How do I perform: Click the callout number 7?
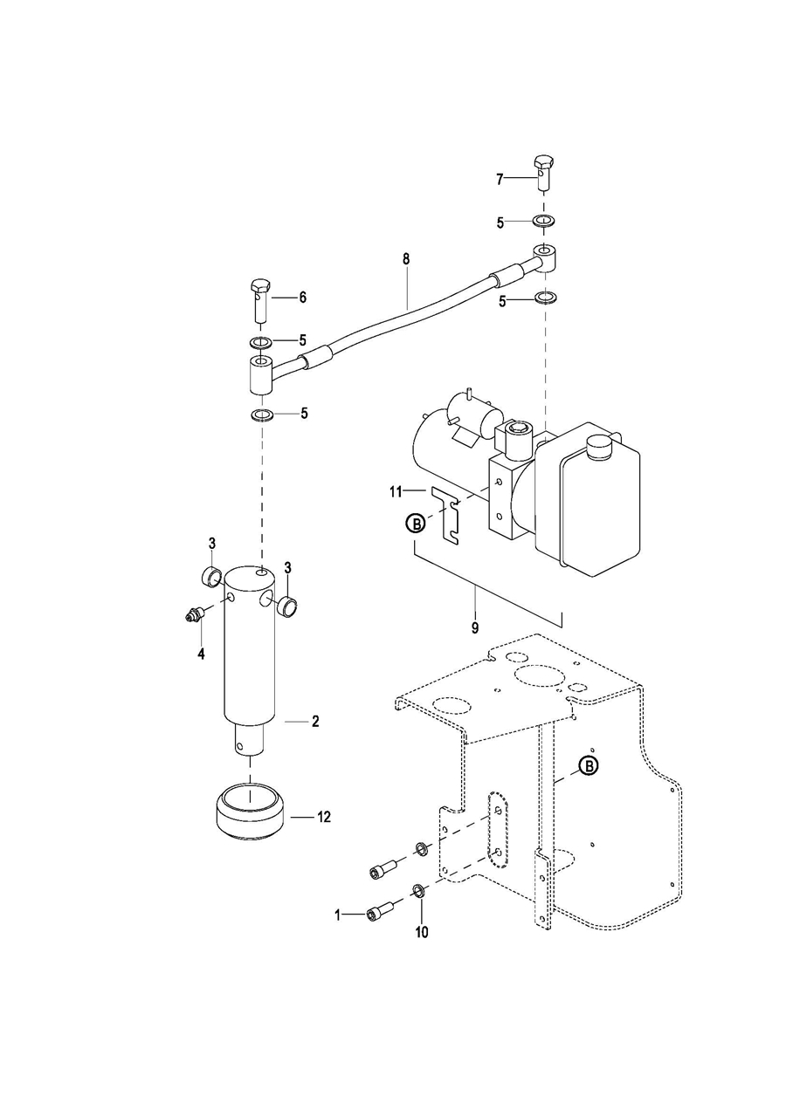pos(500,180)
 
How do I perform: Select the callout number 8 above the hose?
pos(407,259)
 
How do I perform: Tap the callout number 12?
pos(323,817)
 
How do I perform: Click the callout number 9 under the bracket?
pos(475,628)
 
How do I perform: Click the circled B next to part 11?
pos(416,523)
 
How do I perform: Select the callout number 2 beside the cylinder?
pos(315,722)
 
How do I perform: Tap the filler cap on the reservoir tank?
pos(600,447)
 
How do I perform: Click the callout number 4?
pos(201,654)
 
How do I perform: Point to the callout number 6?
pos(302,298)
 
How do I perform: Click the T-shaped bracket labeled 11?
pos(446,517)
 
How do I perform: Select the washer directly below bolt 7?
pos(544,221)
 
